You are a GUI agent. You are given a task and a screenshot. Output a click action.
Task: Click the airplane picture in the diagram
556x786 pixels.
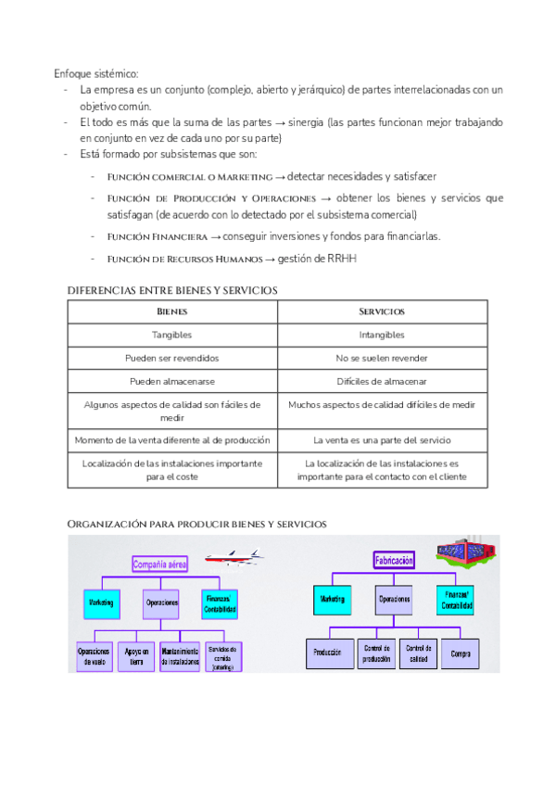pos(232,558)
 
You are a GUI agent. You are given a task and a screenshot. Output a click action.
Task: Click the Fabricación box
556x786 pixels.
pos(395,560)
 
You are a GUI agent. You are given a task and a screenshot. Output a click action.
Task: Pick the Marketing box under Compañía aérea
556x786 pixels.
pos(101,603)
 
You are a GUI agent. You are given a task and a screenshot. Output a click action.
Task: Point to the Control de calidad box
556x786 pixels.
pos(418,653)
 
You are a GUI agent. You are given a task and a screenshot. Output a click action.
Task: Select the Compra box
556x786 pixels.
pos(461,654)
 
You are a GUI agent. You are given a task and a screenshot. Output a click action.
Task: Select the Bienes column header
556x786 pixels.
pos(172,311)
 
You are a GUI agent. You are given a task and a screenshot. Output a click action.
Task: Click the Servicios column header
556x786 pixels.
pos(382,311)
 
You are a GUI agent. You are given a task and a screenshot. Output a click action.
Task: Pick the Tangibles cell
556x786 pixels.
pos(172,335)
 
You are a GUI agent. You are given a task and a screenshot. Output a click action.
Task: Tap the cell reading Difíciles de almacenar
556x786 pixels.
pos(382,381)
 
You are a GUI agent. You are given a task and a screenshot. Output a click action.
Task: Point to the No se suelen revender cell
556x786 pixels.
pos(382,358)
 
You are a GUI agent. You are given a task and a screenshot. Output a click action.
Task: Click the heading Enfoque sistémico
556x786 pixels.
pos(95,73)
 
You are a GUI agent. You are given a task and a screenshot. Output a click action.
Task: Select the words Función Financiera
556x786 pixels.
pos(158,236)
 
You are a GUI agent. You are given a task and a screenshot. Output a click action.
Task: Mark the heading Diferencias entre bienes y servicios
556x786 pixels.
pos(172,290)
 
